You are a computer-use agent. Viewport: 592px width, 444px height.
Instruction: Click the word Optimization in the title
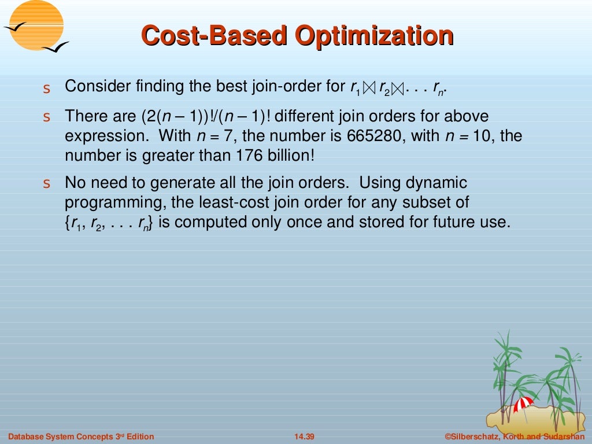tap(374, 36)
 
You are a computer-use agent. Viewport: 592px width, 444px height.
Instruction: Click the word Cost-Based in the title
tap(214, 36)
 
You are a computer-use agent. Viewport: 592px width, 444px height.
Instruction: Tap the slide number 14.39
tap(304, 436)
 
